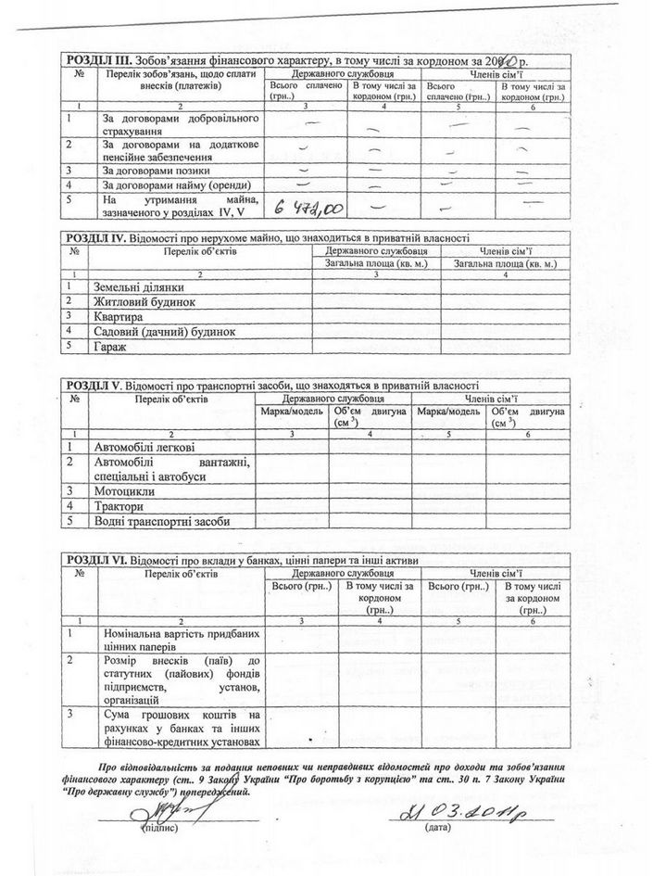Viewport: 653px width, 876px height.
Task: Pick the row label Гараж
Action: coord(110,347)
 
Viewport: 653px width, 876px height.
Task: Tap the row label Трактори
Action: coord(119,506)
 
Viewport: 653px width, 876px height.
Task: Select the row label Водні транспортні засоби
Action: coord(161,521)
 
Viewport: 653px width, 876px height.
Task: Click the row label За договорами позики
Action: coord(156,170)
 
